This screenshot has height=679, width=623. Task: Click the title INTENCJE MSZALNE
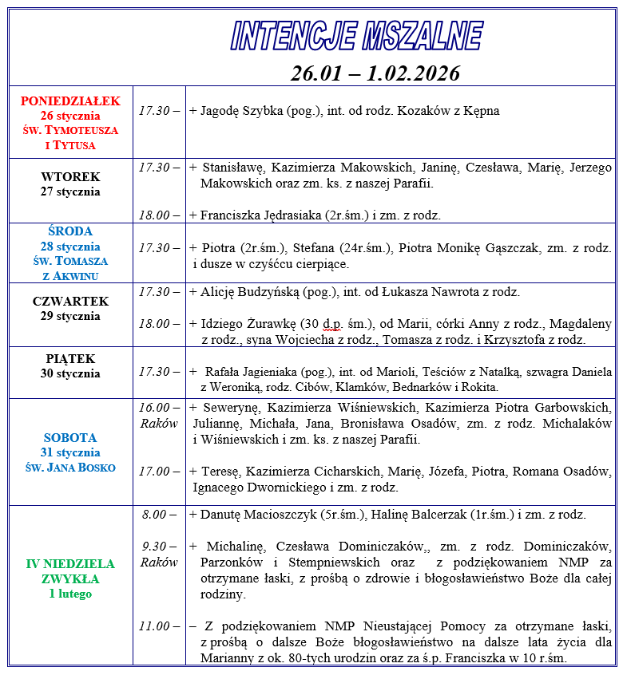coord(356,36)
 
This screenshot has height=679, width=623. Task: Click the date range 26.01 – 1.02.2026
coord(375,73)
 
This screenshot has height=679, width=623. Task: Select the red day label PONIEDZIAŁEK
coord(70,101)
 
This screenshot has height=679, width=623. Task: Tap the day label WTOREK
coord(70,176)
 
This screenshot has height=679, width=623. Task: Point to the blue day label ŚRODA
coord(70,231)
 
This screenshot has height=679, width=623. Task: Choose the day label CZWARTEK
coord(70,302)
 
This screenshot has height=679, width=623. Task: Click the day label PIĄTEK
coord(70,359)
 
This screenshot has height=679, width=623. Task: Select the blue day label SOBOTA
coord(70,438)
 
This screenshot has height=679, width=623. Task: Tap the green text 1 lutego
coord(70,594)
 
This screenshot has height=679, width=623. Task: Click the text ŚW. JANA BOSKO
coord(70,467)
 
